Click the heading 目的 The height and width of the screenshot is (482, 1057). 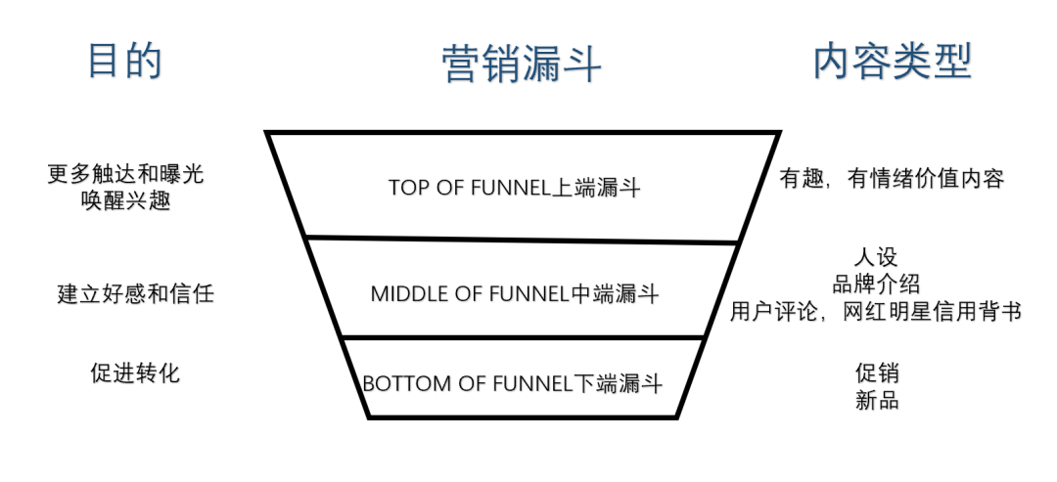point(125,61)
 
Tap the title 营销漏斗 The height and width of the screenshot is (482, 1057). point(521,64)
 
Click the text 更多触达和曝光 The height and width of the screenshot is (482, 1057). point(125,174)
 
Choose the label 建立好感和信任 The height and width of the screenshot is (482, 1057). point(135,292)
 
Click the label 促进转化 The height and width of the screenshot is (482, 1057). point(134,372)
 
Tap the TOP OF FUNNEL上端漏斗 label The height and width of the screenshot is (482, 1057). point(514,188)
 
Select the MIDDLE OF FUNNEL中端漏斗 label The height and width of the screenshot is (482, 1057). point(515,293)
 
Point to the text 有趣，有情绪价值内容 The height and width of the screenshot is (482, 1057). point(892,178)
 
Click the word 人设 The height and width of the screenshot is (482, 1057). point(875,258)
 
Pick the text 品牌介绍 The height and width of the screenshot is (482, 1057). point(875,285)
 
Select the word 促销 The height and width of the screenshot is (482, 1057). point(876,372)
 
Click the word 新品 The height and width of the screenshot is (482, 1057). point(876,400)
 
